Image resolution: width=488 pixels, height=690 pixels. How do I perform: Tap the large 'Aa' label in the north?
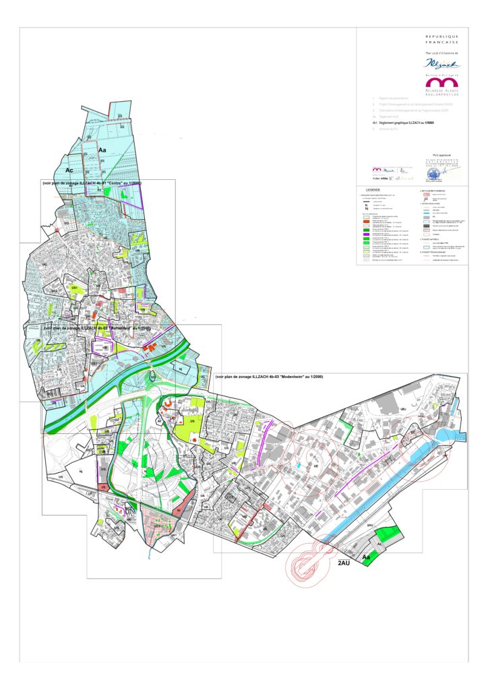point(103,149)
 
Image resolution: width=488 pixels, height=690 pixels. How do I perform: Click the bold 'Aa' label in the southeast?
point(367,558)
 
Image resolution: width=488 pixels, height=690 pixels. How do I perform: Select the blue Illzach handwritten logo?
point(441,63)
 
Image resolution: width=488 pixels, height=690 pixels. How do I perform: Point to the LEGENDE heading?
point(373,190)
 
